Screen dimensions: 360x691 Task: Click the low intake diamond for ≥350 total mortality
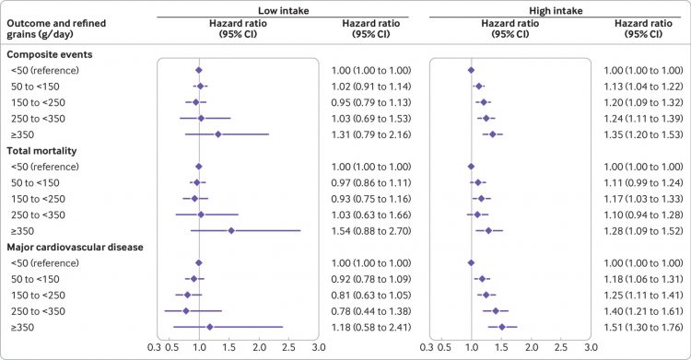[x=230, y=230]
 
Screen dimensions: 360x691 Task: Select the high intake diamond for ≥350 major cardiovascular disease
[x=502, y=326]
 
